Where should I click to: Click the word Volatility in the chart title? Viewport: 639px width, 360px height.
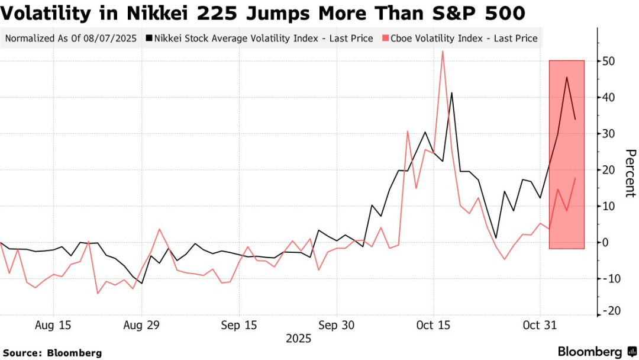point(56,13)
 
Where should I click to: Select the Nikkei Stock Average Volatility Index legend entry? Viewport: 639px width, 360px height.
point(263,38)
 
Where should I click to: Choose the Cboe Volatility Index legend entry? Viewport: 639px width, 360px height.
point(460,38)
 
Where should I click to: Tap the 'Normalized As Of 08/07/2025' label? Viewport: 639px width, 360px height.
point(71,38)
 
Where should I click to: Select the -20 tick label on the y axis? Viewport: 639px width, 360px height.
point(612,311)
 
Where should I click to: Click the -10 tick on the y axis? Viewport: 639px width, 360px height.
point(612,278)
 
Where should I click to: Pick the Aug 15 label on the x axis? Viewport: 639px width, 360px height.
point(53,325)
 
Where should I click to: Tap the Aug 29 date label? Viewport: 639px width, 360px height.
point(141,325)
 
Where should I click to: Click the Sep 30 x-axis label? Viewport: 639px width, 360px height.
point(336,325)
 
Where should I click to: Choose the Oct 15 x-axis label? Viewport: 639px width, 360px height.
point(433,325)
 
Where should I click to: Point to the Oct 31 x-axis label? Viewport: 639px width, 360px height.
point(540,325)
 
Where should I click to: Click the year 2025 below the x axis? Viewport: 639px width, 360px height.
point(298,339)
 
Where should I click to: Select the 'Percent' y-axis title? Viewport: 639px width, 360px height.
point(630,173)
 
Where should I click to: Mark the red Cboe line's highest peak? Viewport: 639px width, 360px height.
point(443,52)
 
